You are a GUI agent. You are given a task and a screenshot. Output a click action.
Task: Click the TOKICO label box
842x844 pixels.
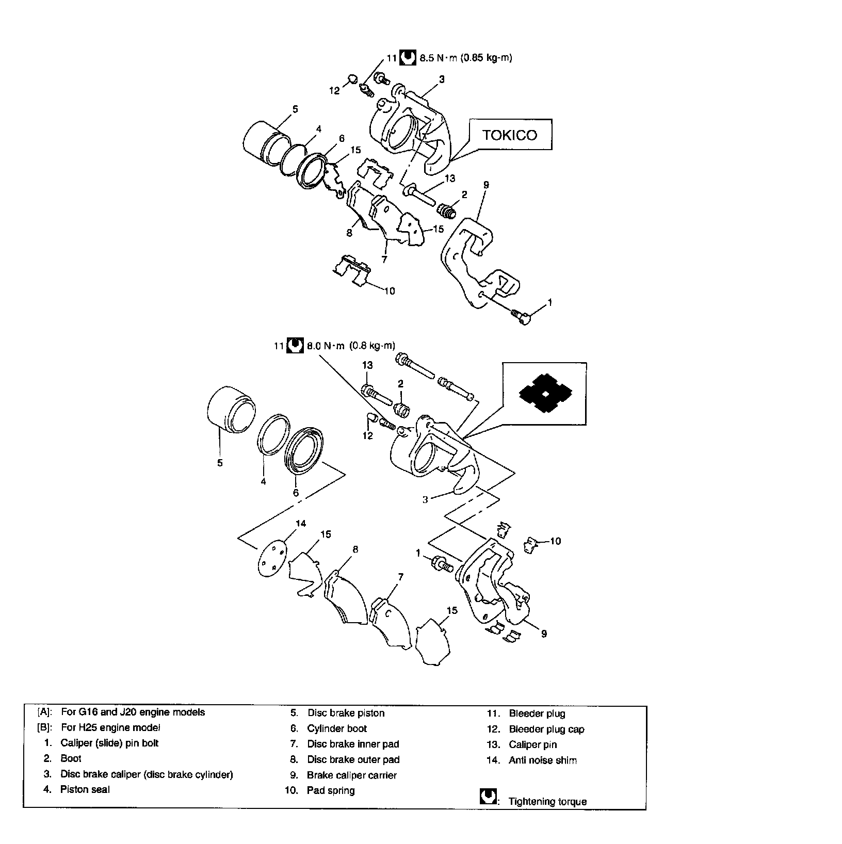coord(510,135)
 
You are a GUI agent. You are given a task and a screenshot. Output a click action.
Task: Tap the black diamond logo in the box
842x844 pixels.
coord(545,394)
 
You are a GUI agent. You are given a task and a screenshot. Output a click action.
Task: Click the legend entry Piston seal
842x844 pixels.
coord(85,789)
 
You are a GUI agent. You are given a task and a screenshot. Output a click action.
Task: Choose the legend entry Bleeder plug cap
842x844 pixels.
coord(546,729)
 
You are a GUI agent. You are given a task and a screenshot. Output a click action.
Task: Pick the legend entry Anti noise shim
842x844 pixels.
coord(543,760)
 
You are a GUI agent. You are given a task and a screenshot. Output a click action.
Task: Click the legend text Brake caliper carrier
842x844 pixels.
coord(352,775)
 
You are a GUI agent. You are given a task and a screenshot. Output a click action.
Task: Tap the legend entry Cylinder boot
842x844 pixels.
coord(337,728)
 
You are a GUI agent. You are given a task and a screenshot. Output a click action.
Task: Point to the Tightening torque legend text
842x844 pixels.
coord(547,801)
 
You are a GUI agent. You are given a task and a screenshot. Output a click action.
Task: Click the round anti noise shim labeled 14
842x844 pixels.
coord(272,557)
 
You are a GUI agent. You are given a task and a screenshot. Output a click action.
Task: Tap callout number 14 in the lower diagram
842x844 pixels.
coord(300,523)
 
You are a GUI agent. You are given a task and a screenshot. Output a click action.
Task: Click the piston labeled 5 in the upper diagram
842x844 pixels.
coord(267,140)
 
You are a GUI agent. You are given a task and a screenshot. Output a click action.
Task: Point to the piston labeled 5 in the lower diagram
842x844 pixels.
coord(230,411)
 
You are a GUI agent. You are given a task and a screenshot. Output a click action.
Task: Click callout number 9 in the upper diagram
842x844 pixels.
coord(486,185)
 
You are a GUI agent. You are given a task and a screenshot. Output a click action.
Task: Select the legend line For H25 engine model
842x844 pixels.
coord(110,727)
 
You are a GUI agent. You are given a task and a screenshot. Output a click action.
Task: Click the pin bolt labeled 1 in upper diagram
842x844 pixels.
coord(522,316)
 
